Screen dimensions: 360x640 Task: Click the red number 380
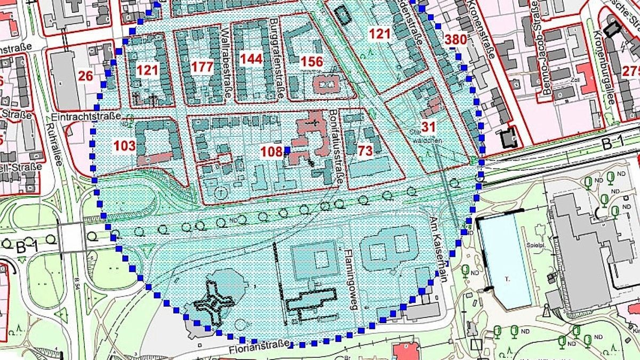(455, 39)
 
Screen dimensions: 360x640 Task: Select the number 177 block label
(202, 67)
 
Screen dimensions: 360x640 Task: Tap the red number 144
(251, 59)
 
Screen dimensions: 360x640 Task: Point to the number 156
(311, 61)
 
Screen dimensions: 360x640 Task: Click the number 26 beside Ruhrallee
(85, 76)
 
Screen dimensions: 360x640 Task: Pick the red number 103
(125, 145)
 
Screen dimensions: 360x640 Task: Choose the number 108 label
(271, 152)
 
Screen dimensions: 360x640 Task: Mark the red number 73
(365, 151)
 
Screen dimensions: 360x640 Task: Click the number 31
(428, 127)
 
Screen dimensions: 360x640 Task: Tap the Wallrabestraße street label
(226, 65)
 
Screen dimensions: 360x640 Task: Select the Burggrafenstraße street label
(275, 59)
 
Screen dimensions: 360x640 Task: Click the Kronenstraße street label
(487, 30)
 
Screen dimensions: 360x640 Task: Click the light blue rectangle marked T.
(505, 261)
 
